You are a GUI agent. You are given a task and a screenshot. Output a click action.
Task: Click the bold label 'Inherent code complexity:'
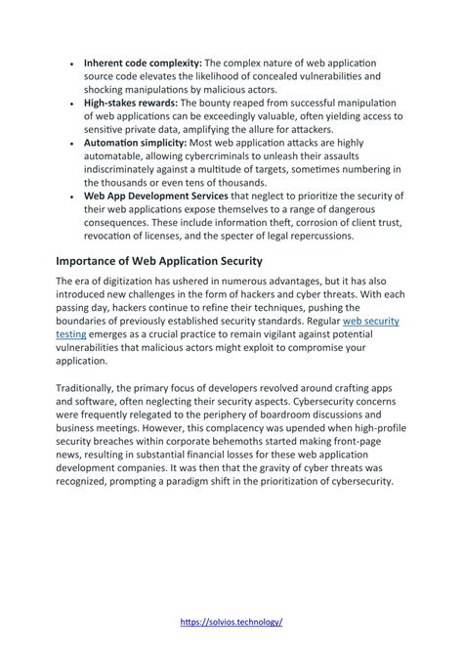(142, 63)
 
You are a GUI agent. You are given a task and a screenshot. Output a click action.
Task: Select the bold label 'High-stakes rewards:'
(131, 102)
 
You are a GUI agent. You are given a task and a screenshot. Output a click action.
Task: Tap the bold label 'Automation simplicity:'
(135, 142)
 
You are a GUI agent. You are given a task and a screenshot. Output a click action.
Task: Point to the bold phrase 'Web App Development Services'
(156, 195)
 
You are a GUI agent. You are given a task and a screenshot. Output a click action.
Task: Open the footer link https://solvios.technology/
(231, 622)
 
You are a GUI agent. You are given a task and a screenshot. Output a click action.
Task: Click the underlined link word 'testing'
(71, 333)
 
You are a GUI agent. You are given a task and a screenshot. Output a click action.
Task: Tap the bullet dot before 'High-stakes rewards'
(72, 103)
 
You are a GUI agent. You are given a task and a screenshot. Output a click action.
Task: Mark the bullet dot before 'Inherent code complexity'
(72, 64)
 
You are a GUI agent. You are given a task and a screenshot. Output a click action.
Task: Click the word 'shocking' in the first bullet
(110, 89)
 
